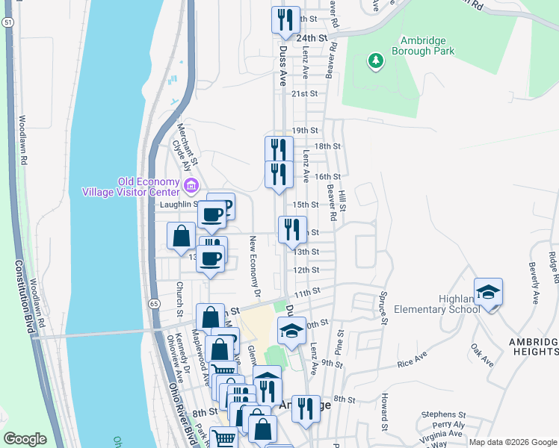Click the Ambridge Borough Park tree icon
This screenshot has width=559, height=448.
(x=375, y=60)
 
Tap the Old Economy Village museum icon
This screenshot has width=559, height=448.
(x=191, y=184)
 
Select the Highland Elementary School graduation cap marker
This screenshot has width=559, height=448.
(x=488, y=293)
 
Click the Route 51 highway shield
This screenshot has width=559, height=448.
(x=7, y=23)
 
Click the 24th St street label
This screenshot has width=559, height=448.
(x=312, y=37)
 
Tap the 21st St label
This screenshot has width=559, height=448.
(x=305, y=93)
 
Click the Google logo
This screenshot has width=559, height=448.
(x=25, y=439)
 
